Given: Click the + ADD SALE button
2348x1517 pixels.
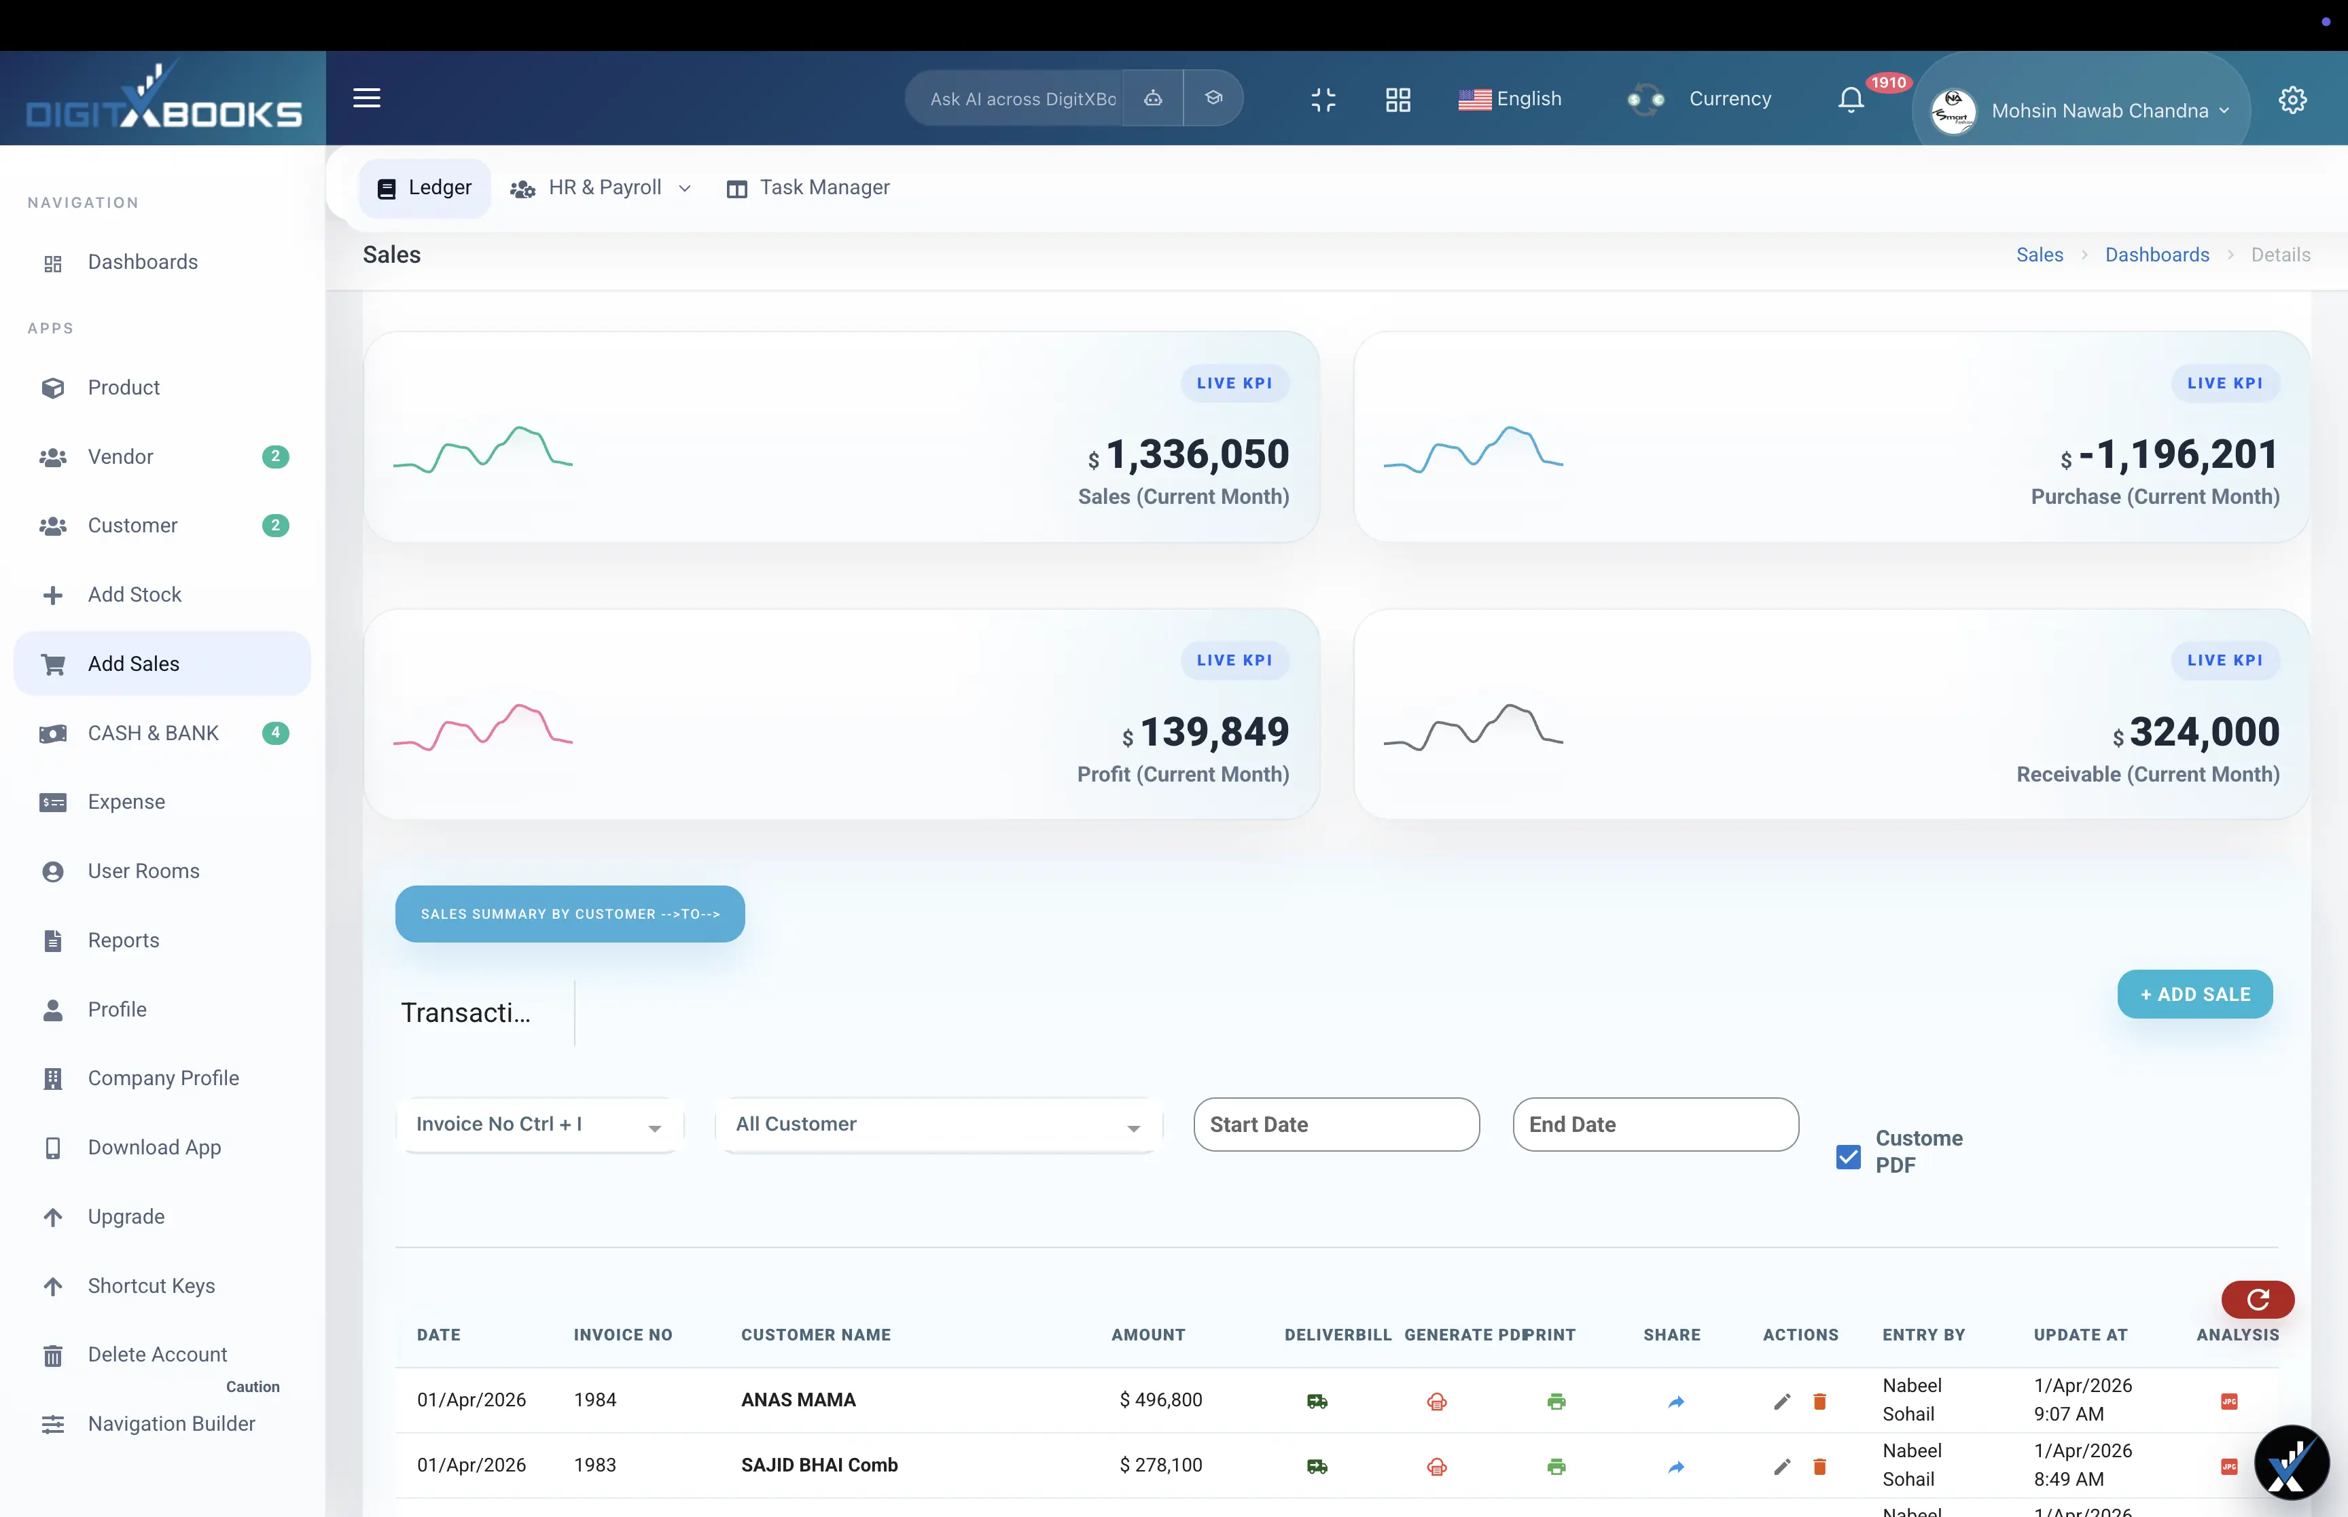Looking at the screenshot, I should click(x=2194, y=994).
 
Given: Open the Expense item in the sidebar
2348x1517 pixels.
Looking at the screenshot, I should click(x=126, y=802).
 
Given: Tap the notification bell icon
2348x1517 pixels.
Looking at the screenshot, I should click(x=1851, y=100).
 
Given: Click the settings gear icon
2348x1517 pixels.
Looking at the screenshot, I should click(x=2292, y=100).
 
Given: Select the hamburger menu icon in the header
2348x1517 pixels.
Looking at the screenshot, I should click(x=367, y=98).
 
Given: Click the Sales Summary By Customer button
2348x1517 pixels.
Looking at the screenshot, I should click(x=569, y=913).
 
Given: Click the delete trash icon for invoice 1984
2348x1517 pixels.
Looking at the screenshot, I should click(x=1819, y=1401).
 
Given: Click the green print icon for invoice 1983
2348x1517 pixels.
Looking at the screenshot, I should click(x=1556, y=1466).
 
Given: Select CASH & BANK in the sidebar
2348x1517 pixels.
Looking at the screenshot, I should click(x=153, y=733).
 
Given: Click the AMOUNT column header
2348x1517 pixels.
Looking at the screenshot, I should click(x=1148, y=1335).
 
